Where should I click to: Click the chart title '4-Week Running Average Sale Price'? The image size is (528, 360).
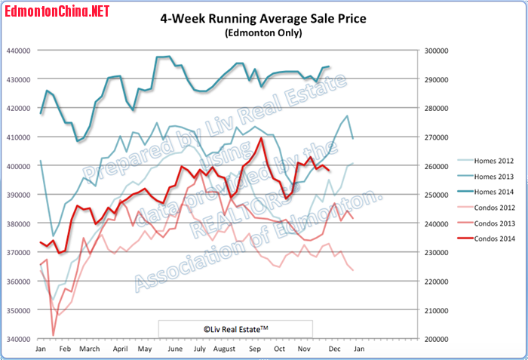(x=263, y=18)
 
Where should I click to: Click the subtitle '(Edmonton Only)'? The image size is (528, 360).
(x=263, y=33)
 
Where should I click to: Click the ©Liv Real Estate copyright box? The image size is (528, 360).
(x=236, y=329)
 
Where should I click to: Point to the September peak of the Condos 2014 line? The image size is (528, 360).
(x=261, y=138)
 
